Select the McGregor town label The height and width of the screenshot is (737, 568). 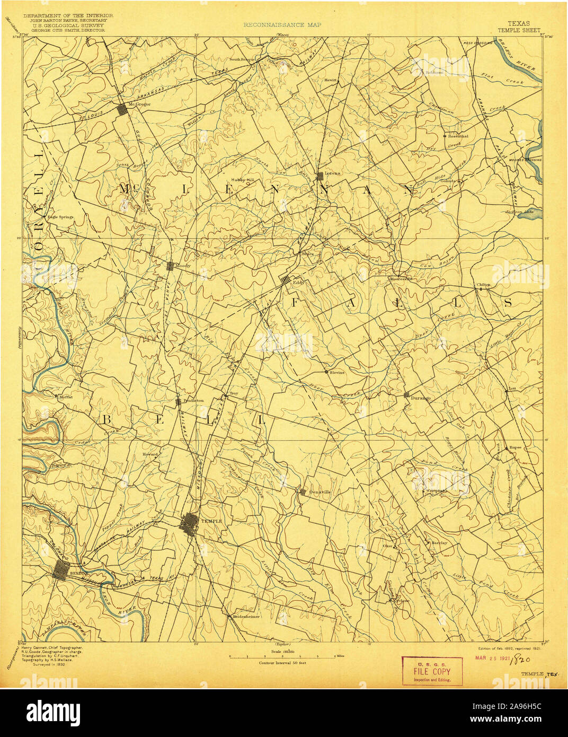click(x=140, y=104)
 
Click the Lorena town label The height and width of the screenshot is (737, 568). click(x=332, y=173)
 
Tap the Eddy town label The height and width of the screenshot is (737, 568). click(x=296, y=283)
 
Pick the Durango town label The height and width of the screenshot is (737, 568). click(x=421, y=398)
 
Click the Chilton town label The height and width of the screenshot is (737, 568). click(x=483, y=285)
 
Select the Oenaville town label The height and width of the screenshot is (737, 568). click(x=319, y=492)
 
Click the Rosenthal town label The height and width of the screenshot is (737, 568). click(x=458, y=136)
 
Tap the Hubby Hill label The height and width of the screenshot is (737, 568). click(x=243, y=180)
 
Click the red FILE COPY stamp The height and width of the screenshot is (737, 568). click(x=432, y=671)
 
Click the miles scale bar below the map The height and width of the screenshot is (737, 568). click(x=283, y=656)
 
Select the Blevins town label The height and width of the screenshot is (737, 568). click(x=336, y=372)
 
